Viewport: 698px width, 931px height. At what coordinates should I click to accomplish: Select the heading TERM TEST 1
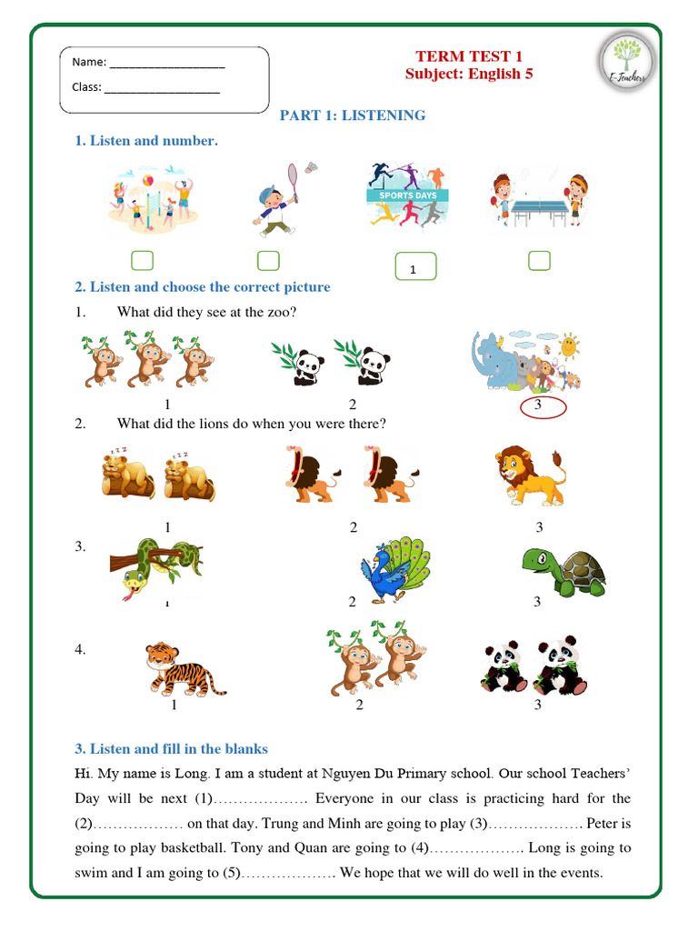coord(469,56)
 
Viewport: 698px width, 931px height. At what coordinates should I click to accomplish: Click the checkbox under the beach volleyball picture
coord(142,261)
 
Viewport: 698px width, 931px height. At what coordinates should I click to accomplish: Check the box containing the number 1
coord(415,267)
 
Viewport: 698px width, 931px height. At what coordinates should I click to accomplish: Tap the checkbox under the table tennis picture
coord(539,261)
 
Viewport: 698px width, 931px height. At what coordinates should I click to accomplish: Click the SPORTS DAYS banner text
coord(407,195)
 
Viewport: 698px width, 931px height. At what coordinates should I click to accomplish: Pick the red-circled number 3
coord(538,405)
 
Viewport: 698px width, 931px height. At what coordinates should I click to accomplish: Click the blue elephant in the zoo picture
coord(495,360)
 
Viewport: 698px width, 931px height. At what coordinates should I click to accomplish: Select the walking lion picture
coord(531,476)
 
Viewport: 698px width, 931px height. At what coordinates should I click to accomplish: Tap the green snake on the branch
coord(150,568)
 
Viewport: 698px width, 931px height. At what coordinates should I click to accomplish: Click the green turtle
coord(563,570)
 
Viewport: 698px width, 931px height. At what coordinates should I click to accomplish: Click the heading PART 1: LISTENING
coord(352,115)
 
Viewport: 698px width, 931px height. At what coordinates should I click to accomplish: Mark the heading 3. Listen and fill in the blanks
coord(171,749)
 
